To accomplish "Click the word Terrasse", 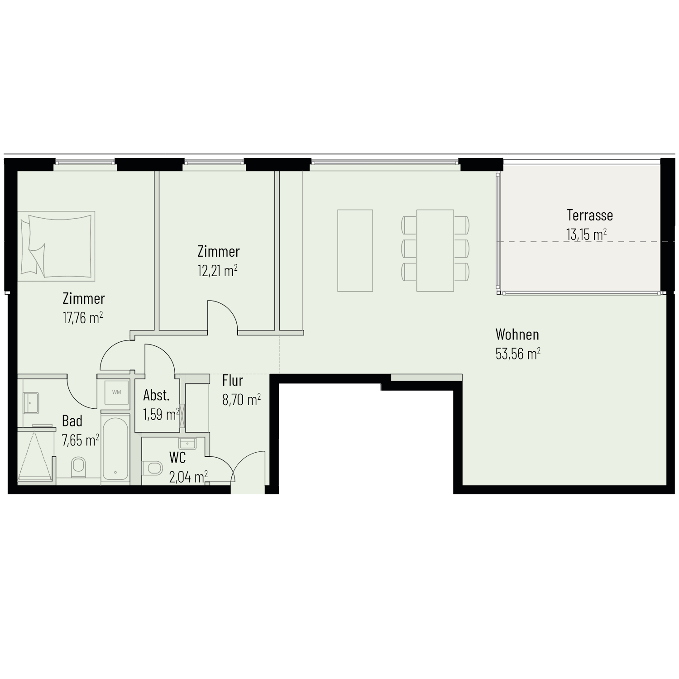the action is [590, 215].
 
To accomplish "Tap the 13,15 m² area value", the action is [586, 234].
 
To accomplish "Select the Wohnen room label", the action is [517, 335].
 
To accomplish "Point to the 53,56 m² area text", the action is [518, 354].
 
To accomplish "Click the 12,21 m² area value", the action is [217, 271].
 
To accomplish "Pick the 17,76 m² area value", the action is [82, 318].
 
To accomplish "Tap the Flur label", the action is [233, 381].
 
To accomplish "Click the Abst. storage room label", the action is [157, 395].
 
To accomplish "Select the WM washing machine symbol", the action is [116, 392].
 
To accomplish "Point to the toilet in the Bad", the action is [79, 467].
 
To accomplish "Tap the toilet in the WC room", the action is [152, 468].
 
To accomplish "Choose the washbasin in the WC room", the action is [187, 443].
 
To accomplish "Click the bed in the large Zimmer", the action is [57, 245].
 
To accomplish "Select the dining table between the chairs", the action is [435, 250].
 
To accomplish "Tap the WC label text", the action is [177, 458].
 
